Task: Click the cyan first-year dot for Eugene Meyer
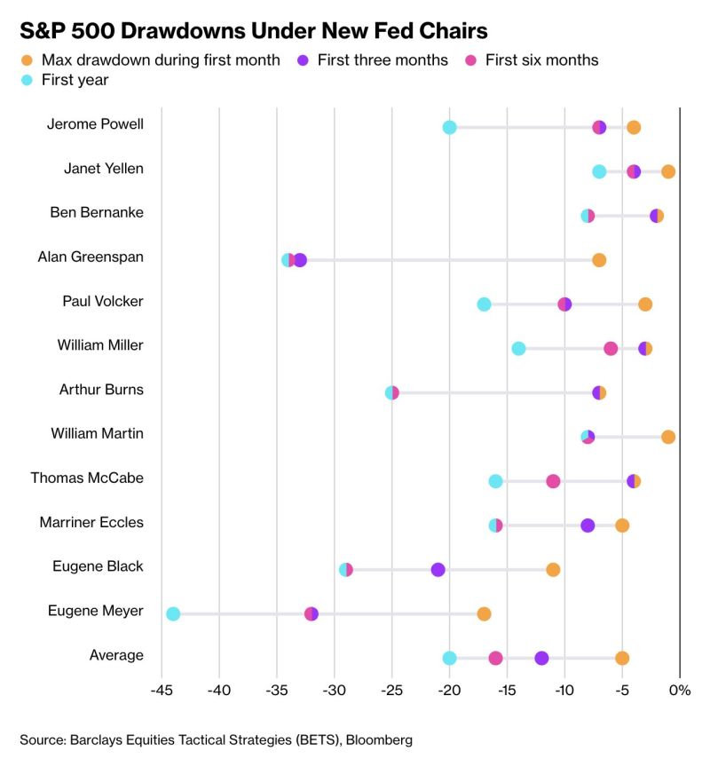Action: click(x=173, y=614)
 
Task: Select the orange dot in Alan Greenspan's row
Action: click(x=599, y=260)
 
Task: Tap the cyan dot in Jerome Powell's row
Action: click(x=449, y=128)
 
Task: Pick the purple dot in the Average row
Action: click(x=541, y=658)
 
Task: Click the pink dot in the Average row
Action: click(x=495, y=658)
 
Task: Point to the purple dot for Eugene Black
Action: click(x=438, y=570)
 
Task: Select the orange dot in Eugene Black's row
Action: click(x=553, y=570)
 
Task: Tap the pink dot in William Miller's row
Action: click(x=611, y=349)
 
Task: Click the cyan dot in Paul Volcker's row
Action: click(x=484, y=304)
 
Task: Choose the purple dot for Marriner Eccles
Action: click(x=588, y=526)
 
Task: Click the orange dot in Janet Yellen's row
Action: click(x=668, y=171)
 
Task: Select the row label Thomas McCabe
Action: click(x=87, y=478)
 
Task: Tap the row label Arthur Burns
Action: click(x=101, y=390)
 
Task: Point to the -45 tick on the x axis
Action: click(x=162, y=690)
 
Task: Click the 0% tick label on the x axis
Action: click(x=680, y=690)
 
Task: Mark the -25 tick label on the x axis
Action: click(x=391, y=690)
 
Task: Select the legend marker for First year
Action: click(x=27, y=80)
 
